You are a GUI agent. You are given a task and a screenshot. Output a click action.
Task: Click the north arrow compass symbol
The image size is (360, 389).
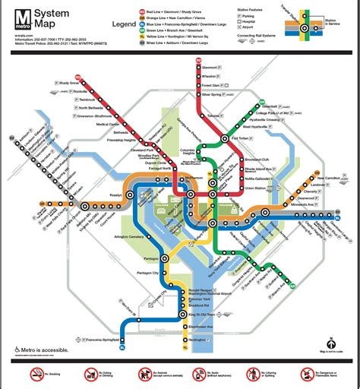(x=331, y=343)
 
